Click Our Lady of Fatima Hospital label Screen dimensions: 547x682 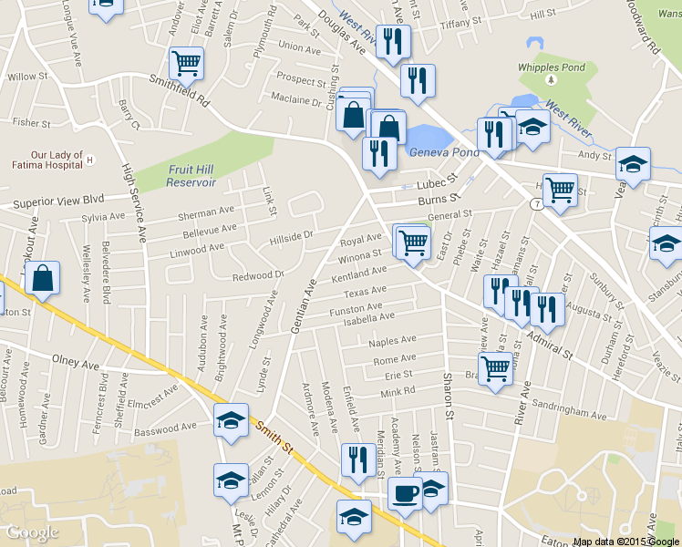pyautogui.click(x=57, y=160)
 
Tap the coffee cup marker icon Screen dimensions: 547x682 pyautogui.click(x=405, y=493)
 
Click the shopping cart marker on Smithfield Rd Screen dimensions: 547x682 pyautogui.click(x=186, y=63)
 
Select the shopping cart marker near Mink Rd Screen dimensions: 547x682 pyautogui.click(x=495, y=368)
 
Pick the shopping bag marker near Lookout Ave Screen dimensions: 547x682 pyautogui.click(x=42, y=278)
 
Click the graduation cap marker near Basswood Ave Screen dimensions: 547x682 pyautogui.click(x=231, y=420)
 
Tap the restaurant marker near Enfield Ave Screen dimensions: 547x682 pyautogui.click(x=356, y=460)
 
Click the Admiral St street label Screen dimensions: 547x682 pyautogui.click(x=549, y=345)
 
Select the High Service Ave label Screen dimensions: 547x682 pyautogui.click(x=135, y=201)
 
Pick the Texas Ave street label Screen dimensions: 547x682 pyautogui.click(x=365, y=293)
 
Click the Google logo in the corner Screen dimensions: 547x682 pyautogui.click(x=32, y=532)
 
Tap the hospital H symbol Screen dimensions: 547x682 pyautogui.click(x=90, y=160)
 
